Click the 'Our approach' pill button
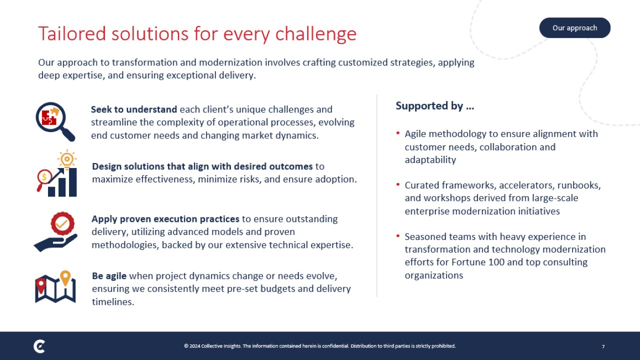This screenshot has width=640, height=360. coord(574,27)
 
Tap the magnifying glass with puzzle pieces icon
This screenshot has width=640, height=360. coord(55,121)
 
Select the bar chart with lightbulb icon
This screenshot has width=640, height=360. coord(57,173)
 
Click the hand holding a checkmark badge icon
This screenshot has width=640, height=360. coord(55,231)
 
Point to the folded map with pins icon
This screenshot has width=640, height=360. coord(55,286)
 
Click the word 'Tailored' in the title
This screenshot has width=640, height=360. coord(72,33)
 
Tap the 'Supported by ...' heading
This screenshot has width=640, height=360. coord(435,106)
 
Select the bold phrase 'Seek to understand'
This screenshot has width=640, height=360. coord(134,109)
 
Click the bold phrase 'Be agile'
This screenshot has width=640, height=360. coord(109,276)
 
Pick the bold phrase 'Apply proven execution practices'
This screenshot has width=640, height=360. coord(165,219)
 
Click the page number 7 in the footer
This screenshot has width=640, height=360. coord(603,346)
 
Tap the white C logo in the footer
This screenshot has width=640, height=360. coord(39,346)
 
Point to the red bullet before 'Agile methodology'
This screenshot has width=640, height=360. coord(397,133)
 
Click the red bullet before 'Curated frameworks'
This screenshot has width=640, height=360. coord(397,184)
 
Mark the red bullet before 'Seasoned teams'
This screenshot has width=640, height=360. coord(397,235)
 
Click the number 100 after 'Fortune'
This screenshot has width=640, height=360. coord(496,262)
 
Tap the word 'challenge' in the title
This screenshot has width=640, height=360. coord(315,34)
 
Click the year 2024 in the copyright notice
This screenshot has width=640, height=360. coord(194,346)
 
